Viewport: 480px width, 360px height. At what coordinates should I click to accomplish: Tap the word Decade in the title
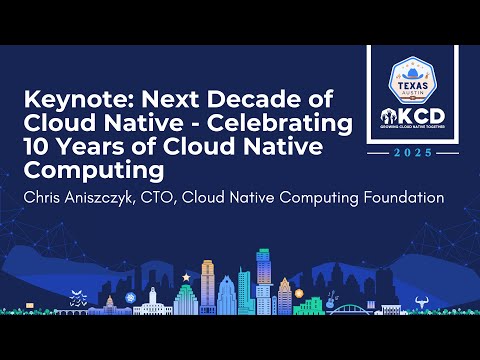(261, 100)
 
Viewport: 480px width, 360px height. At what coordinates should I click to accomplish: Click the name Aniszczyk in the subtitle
(111, 197)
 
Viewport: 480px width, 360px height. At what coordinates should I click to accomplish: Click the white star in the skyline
(185, 274)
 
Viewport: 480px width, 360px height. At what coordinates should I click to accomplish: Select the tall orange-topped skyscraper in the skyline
(208, 282)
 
